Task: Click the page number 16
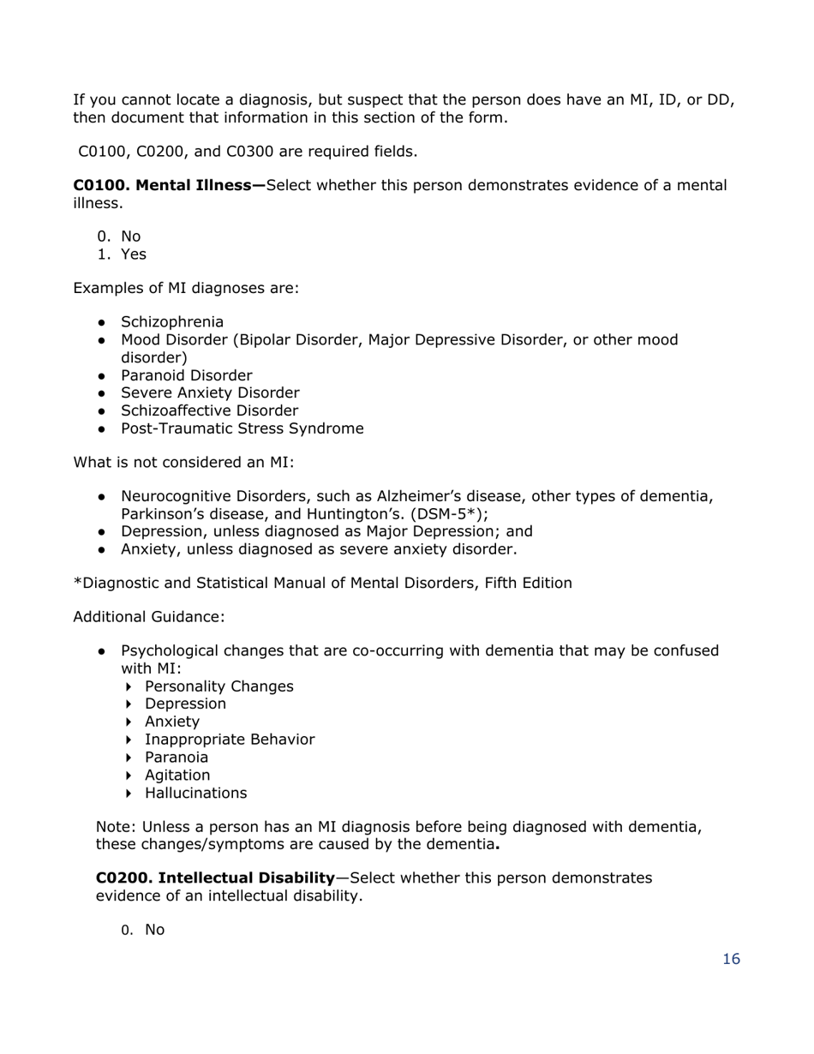coord(731,959)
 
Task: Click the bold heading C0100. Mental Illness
coord(170,185)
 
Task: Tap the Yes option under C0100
coord(134,255)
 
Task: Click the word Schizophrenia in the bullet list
coord(172,322)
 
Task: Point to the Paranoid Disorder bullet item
coord(186,375)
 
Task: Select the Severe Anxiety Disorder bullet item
coord(210,393)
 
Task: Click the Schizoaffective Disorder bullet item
coord(209,410)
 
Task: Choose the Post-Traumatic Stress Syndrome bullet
coord(242,428)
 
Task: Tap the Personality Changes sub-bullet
coord(218,686)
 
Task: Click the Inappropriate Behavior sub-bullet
coord(230,740)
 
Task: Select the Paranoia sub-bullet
coord(177,758)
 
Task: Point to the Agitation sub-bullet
coord(177,776)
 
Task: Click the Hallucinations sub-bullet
coord(195,793)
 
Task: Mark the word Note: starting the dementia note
coord(116,827)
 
